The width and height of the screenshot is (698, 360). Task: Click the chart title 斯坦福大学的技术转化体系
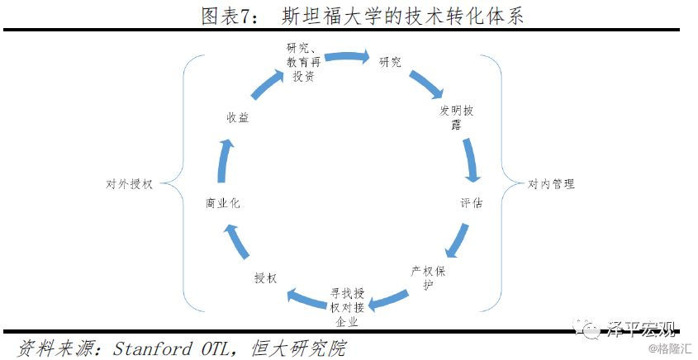403,16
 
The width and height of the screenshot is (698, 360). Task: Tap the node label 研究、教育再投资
304,61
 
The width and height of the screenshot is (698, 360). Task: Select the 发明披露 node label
456,117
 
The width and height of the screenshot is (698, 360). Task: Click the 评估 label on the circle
472,204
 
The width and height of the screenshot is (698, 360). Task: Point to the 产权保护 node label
428,277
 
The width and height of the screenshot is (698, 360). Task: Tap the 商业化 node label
222,203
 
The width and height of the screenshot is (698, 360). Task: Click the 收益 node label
237,118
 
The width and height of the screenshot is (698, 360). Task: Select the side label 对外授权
130,184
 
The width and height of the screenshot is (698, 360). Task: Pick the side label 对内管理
551,184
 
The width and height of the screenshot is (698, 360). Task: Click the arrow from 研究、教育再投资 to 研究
347,56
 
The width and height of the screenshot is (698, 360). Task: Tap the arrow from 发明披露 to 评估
471,160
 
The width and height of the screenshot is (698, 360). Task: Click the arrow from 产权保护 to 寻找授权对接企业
388,301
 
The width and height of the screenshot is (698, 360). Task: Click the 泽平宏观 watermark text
640,329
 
